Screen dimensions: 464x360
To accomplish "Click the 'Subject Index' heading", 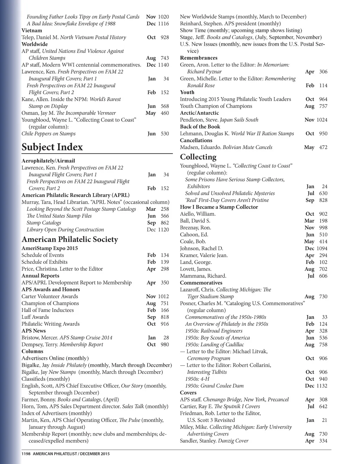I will click(52, 147).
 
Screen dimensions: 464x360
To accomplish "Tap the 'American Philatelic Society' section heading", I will click(70, 240).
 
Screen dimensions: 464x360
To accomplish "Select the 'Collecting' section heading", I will click(198, 157).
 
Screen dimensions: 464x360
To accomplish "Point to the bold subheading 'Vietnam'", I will click(32, 31).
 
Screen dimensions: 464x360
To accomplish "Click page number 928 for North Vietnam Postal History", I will click(165, 38).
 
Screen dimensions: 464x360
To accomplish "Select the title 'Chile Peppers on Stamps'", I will click(49, 134).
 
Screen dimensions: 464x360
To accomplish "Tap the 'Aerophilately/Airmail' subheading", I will click(48, 161).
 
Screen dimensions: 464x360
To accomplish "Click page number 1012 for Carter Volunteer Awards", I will click(163, 296).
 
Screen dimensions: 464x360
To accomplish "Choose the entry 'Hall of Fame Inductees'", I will click(47, 310).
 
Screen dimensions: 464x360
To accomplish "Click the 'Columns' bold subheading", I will click(32, 351).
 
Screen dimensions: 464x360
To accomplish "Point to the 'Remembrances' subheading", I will click(199, 58).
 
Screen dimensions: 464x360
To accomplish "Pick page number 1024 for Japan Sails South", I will click(322, 120).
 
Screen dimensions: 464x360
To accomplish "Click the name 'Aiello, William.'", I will click(198, 214).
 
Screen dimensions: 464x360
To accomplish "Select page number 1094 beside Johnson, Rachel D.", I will click(322, 248).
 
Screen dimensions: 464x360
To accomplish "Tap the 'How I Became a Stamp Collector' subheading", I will click(219, 207).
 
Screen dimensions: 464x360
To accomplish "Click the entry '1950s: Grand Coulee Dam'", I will click(214, 386).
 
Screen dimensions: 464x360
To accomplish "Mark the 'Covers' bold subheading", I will click(188, 393).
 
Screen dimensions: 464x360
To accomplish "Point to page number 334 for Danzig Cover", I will click(323, 441).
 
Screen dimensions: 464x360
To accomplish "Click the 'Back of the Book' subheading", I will click(200, 127).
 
